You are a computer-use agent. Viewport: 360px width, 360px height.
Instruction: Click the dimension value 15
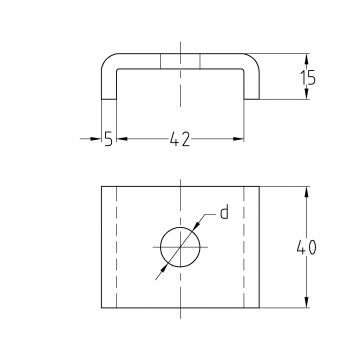[308, 78]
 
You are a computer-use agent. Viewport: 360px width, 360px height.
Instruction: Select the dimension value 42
[180, 139]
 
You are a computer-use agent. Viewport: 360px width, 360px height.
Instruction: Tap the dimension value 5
[108, 139]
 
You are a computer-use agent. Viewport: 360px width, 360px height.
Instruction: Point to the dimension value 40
[307, 247]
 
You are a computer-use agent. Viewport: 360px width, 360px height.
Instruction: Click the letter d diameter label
[225, 212]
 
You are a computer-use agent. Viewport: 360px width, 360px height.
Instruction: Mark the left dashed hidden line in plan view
[116, 247]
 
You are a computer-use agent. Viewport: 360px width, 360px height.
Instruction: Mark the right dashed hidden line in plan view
[244, 247]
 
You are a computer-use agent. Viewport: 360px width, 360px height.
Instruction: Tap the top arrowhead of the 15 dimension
[307, 59]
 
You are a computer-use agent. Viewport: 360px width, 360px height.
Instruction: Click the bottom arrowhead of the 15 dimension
[307, 93]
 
